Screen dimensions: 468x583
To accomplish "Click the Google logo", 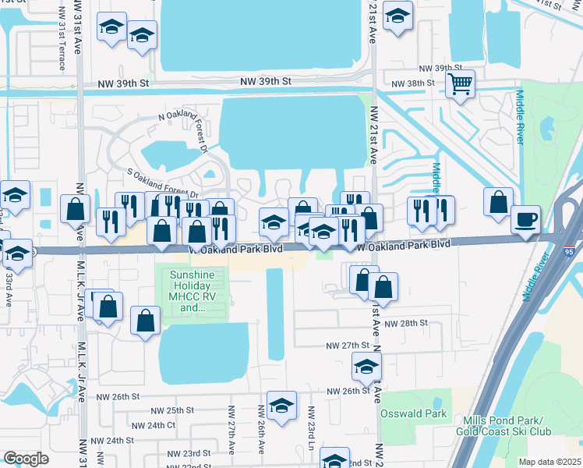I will (x=26, y=459).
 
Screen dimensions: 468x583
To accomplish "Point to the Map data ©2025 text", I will (x=549, y=462).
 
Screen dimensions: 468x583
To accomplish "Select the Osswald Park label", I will (x=413, y=413).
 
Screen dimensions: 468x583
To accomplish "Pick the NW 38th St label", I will (x=412, y=83).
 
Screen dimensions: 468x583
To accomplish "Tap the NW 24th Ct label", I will (x=154, y=425).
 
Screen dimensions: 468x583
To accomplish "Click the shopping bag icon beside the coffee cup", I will (x=498, y=203).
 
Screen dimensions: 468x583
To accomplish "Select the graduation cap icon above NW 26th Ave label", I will (x=281, y=405).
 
